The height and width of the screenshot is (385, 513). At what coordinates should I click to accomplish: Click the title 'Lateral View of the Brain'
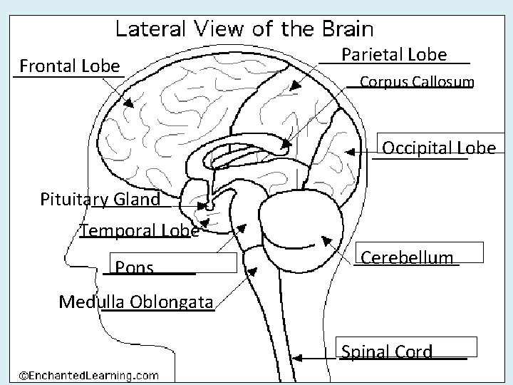coord(244,29)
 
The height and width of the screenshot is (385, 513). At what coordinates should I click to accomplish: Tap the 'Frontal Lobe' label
coord(70,67)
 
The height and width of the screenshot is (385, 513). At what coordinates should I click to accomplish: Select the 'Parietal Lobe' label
coord(394,55)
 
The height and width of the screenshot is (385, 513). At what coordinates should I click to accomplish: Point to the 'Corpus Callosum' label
coord(416,82)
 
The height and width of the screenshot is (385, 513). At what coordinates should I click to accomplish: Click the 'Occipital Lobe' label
coord(439,148)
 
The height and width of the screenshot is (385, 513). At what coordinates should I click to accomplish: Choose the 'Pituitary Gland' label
coord(100,200)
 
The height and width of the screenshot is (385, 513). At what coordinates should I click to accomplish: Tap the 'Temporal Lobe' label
coord(139,230)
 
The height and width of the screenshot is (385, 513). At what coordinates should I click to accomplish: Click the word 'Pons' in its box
coord(134,268)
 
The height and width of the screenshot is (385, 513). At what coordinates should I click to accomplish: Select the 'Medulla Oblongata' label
coord(135,302)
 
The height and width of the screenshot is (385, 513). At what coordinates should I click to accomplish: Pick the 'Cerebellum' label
coord(407,257)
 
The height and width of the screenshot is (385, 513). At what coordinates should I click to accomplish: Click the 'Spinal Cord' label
coord(387,351)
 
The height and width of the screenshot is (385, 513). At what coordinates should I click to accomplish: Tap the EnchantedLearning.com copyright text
coord(88,374)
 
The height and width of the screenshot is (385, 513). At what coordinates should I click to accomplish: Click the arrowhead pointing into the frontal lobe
coord(129,103)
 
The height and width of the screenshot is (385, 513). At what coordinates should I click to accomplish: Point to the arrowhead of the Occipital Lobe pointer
coord(349,151)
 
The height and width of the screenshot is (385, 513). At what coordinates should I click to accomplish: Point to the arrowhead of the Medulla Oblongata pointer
coord(252,271)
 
